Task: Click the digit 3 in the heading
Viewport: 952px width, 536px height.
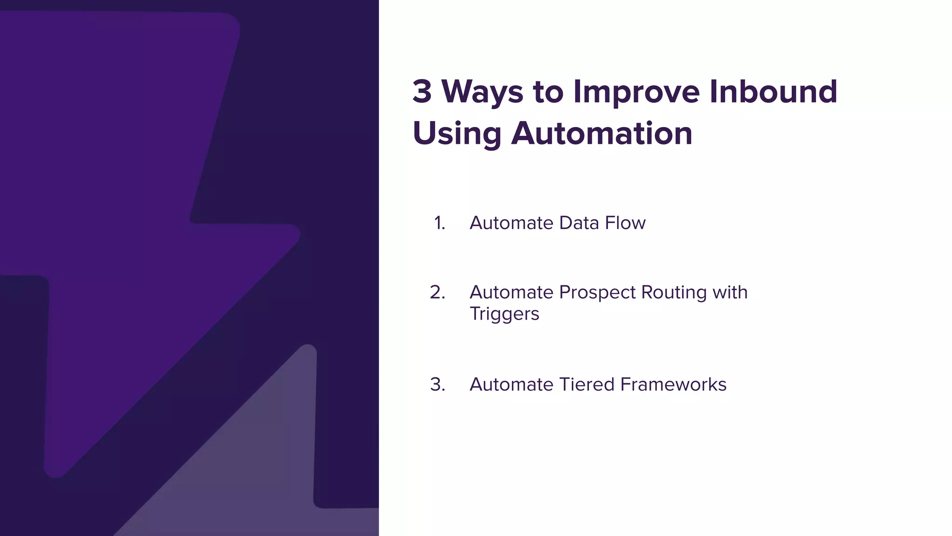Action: click(422, 92)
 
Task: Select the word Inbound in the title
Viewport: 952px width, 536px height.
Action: click(773, 92)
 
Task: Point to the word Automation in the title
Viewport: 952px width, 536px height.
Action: click(602, 134)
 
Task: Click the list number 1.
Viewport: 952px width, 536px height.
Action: click(439, 223)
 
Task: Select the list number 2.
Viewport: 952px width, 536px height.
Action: click(437, 293)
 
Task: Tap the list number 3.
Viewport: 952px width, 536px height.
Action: click(437, 385)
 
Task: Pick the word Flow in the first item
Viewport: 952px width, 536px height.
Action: click(625, 223)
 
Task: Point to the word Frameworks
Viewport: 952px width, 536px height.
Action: click(673, 385)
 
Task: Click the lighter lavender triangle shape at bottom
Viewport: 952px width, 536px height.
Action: click(260, 465)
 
